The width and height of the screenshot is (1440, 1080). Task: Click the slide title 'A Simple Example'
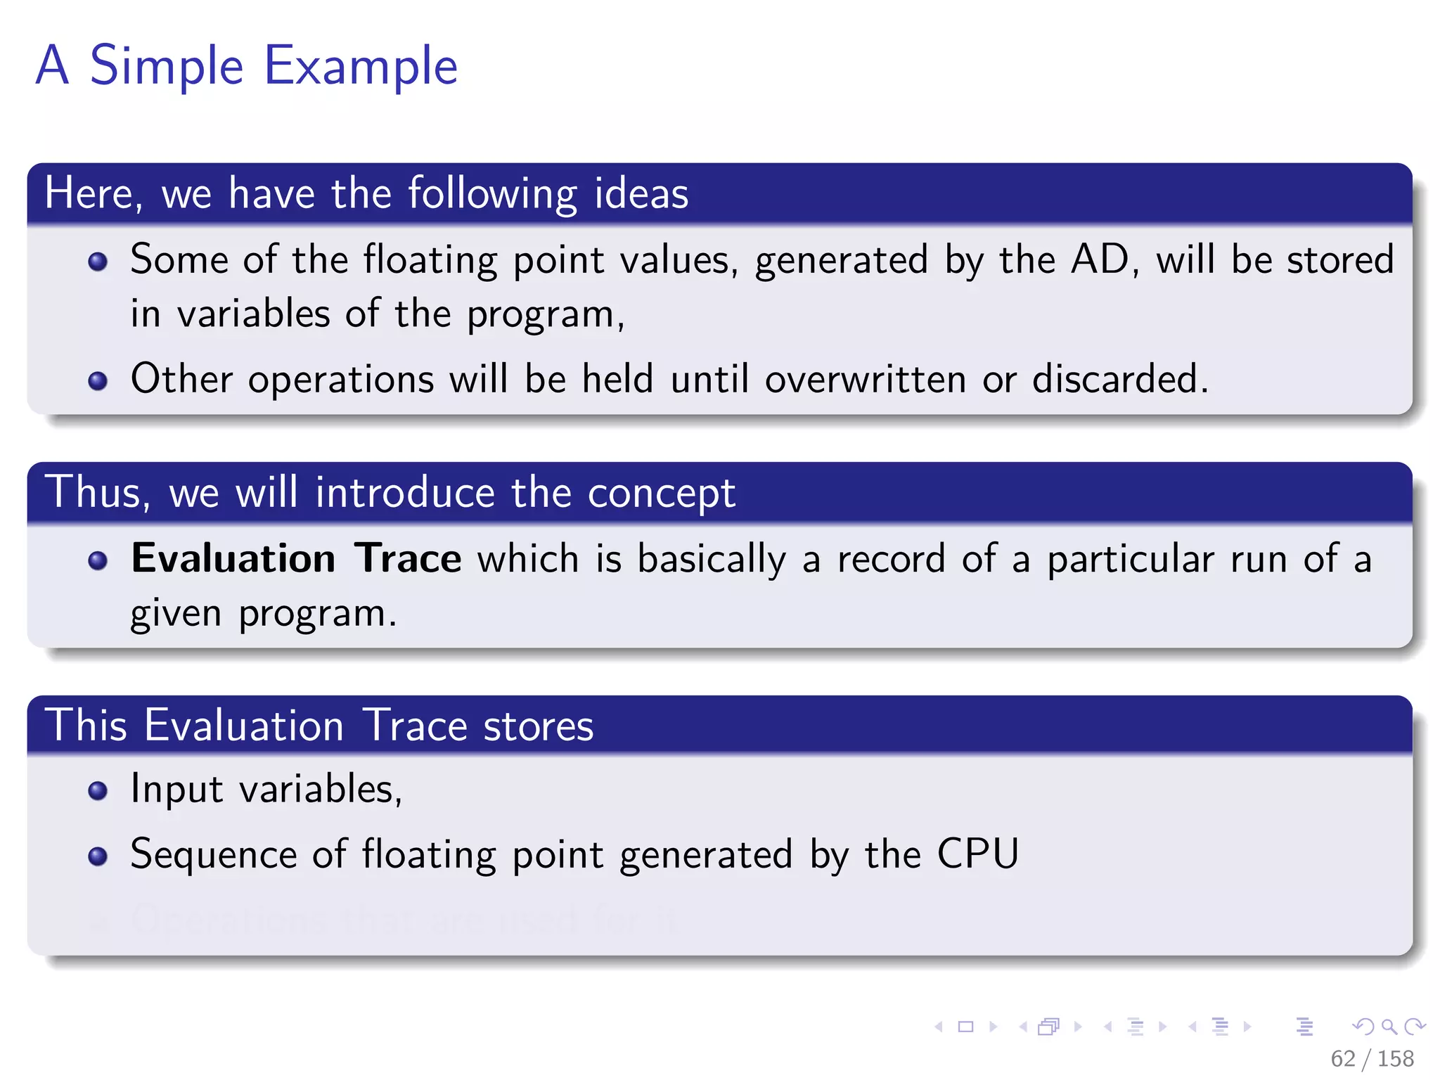tap(246, 66)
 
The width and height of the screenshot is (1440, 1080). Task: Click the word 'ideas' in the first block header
tap(641, 193)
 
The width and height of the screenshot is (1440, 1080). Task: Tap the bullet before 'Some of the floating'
tap(98, 262)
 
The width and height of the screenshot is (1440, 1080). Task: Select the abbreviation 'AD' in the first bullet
tap(1100, 259)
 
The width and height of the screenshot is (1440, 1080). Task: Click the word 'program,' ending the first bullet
tap(546, 314)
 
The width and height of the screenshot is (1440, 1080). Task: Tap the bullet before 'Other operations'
tap(98, 381)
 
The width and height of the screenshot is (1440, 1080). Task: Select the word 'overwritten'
tap(865, 379)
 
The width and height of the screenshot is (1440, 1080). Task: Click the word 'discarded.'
tap(1120, 379)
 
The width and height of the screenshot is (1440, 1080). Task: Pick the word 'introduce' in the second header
tap(405, 492)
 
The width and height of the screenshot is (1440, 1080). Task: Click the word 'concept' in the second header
tap(661, 494)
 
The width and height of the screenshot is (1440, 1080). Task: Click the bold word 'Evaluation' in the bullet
tap(233, 559)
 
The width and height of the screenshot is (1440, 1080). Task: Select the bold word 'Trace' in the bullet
tap(408, 559)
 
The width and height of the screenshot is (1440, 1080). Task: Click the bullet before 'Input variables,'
tap(98, 791)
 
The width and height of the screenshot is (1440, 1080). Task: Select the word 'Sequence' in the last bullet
tap(214, 855)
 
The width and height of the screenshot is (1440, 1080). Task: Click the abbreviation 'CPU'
tap(978, 854)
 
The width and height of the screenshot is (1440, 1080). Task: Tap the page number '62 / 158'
tap(1372, 1058)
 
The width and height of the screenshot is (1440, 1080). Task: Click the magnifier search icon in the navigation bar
tap(1389, 1027)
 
